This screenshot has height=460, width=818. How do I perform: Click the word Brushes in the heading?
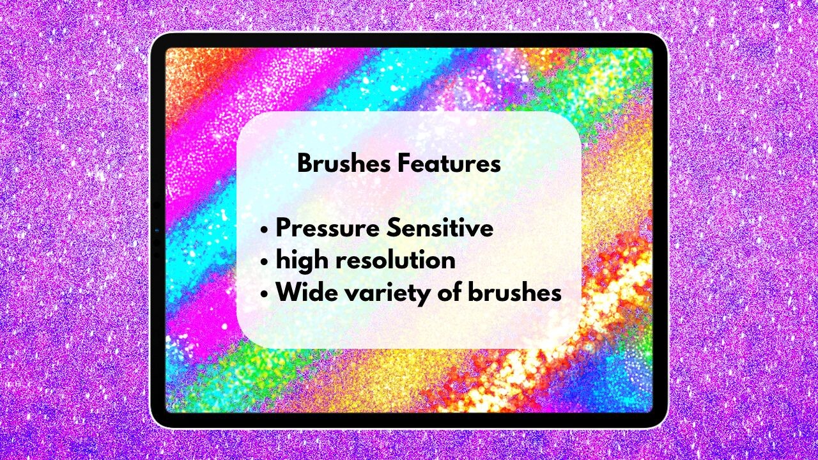[x=344, y=164]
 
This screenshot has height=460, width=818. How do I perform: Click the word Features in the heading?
[x=449, y=164]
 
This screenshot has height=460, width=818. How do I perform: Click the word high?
[x=299, y=261]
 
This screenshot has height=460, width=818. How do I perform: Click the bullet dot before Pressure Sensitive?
[x=265, y=230]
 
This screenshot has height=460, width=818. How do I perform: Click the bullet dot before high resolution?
[x=265, y=262]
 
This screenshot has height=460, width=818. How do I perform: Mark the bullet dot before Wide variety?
[x=265, y=295]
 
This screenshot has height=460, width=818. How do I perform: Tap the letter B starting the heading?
[x=305, y=164]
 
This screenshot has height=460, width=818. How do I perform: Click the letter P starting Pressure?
[x=283, y=228]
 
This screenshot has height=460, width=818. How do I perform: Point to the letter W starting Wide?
[x=288, y=293]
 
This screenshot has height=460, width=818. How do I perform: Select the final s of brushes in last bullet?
[x=555, y=294]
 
